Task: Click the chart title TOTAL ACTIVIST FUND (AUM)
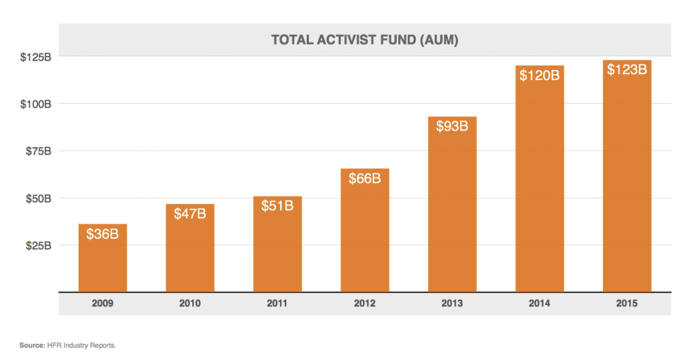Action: click(x=364, y=40)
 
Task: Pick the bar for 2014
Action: click(x=540, y=188)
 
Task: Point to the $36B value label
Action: click(x=102, y=234)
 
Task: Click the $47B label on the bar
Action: click(x=190, y=215)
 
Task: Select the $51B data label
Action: click(x=277, y=205)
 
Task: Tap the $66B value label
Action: click(x=365, y=178)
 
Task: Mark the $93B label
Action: click(x=452, y=126)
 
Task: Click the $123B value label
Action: click(x=627, y=69)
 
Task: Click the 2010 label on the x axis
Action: click(x=190, y=303)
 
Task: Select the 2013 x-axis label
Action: click(x=452, y=303)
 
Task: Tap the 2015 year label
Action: click(x=627, y=303)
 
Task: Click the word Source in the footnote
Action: click(x=32, y=345)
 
